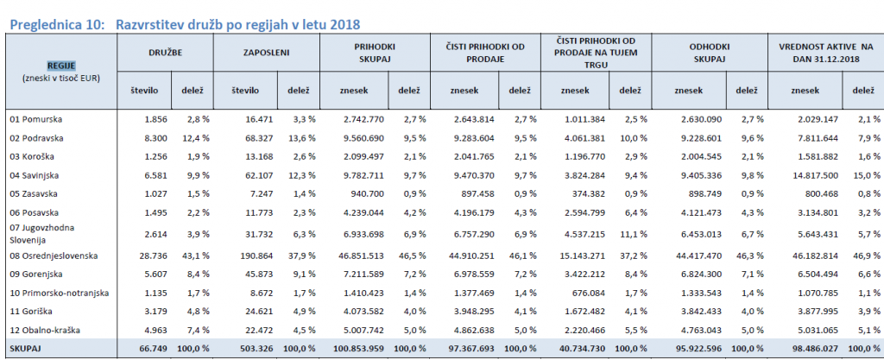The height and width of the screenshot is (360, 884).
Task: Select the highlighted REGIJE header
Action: point(61,66)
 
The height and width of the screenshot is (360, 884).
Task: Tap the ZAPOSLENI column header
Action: point(266,52)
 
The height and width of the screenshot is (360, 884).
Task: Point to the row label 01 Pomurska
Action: point(35,119)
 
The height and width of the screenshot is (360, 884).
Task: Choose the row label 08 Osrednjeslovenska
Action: point(54,256)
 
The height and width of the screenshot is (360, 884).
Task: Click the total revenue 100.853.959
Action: point(355,350)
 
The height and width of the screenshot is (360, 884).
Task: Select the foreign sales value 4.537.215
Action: point(582,231)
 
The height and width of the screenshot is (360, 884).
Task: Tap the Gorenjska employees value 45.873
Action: point(257,275)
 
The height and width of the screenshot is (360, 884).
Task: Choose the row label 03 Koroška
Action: point(32,156)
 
